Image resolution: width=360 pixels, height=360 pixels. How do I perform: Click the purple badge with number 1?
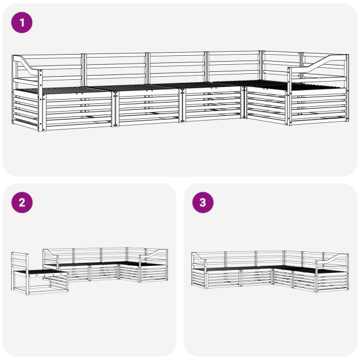tap(23, 23)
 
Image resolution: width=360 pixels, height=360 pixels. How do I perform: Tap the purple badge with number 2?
tap(23, 202)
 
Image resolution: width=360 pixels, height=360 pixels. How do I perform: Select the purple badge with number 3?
tap(203, 202)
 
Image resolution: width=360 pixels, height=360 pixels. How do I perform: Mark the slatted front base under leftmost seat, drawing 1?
tap(78, 111)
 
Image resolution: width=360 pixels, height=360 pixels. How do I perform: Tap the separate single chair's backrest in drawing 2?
tap(19, 262)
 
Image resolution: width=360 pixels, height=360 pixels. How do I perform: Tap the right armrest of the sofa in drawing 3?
tap(332, 260)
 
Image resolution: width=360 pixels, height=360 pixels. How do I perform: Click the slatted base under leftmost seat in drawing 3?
tap(222, 278)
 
